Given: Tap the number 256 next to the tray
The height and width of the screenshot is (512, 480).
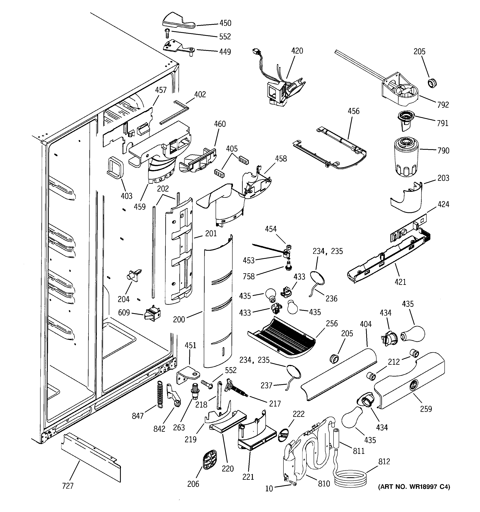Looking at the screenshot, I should tap(332, 324).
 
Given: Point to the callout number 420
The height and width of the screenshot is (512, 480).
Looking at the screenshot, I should tap(297, 51).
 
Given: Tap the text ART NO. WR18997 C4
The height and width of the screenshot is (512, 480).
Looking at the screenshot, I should tap(414, 487).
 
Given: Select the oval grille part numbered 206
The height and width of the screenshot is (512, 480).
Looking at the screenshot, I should tap(209, 460).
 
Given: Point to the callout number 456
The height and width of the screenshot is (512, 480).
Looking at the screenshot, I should tap(354, 111).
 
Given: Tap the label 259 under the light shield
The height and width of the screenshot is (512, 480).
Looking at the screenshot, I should tap(426, 409).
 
